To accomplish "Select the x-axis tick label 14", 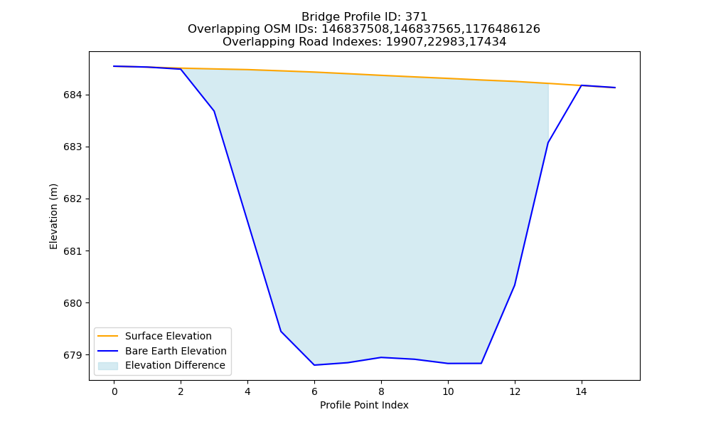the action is [582, 391].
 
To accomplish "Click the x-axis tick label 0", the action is [114, 391].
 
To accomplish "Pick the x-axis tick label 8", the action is [381, 391].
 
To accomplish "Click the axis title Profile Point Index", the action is [364, 405].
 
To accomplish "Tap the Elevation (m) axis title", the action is [54, 216].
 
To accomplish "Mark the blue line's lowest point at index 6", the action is [314, 365].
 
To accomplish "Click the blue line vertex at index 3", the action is [214, 111].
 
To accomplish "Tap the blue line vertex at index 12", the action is [515, 285].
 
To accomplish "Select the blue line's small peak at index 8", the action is [381, 357].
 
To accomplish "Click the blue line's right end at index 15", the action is [615, 88].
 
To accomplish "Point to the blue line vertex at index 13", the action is [548, 143].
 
